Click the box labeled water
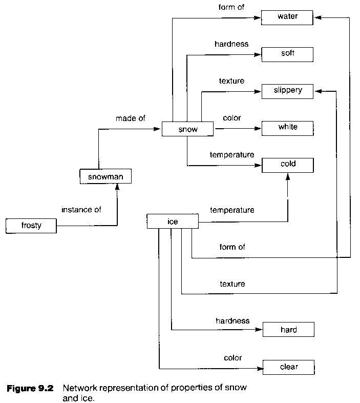coord(287,17)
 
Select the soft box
coord(287,54)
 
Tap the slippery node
coord(287,91)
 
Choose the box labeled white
coord(287,128)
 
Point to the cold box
coord(287,165)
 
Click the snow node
coord(187,129)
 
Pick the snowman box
coord(105,177)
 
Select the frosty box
coord(31,226)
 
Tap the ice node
coord(172,221)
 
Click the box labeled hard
coord(288,330)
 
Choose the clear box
coord(288,367)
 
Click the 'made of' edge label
coord(130,118)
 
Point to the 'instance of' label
coord(81,210)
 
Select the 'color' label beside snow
coord(232,118)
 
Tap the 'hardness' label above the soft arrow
coord(231,44)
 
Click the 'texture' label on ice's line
coord(232,284)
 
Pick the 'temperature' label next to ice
coord(232,210)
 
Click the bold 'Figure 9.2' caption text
coord(30,388)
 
